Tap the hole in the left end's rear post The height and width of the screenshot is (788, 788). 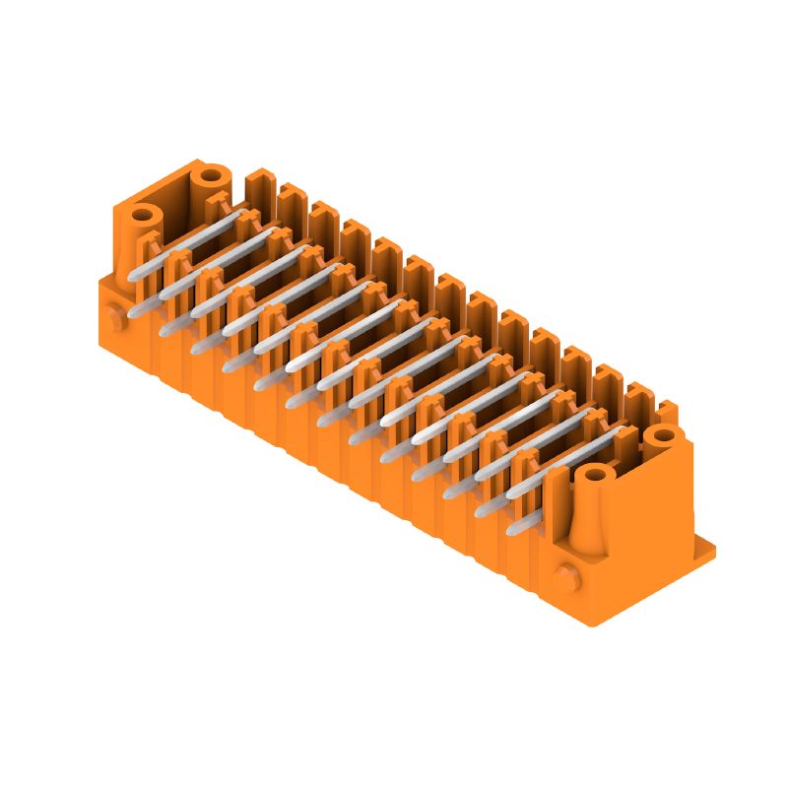(210, 178)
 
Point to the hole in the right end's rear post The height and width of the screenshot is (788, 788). (663, 434)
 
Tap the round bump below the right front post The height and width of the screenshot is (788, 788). (565, 575)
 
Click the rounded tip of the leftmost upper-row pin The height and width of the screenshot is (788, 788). (135, 277)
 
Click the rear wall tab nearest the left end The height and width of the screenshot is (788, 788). (259, 185)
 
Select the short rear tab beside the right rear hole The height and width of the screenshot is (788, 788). (667, 410)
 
